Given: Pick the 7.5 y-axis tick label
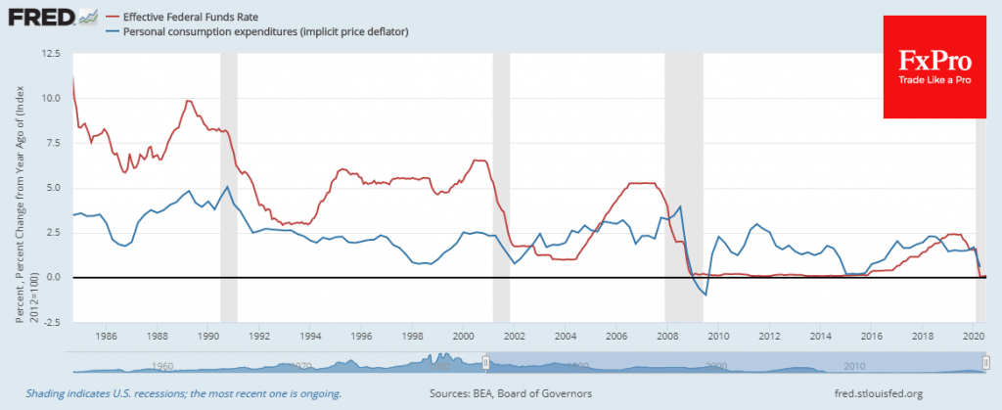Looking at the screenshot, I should (52, 144).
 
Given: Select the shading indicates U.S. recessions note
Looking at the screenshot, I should (184, 393).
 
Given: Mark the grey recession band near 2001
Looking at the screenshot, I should (501, 186).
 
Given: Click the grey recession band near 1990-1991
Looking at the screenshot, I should (228, 186).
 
